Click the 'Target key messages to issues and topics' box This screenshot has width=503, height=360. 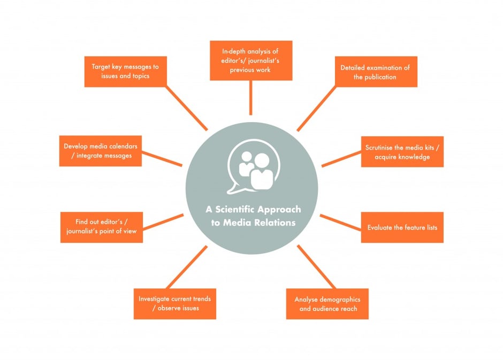[x=125, y=72]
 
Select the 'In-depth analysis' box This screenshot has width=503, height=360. [x=251, y=60]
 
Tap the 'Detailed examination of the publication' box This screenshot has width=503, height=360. [x=376, y=72]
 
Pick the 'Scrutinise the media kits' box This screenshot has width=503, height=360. [x=402, y=151]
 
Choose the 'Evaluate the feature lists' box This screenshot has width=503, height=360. [x=402, y=227]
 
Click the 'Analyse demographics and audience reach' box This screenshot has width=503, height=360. [x=327, y=304]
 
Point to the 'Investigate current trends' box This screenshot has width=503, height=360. [x=175, y=304]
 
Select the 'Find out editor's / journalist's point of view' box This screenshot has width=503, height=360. [x=102, y=227]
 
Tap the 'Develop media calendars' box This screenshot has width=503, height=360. [x=101, y=151]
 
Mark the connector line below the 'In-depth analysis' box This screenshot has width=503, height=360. [x=251, y=97]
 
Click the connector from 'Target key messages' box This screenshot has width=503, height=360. [x=186, y=108]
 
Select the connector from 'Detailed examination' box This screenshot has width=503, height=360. [x=317, y=109]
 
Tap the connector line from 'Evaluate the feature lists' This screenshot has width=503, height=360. [x=341, y=223]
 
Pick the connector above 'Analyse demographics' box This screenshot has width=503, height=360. [x=316, y=267]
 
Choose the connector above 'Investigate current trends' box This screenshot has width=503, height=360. [x=187, y=267]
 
